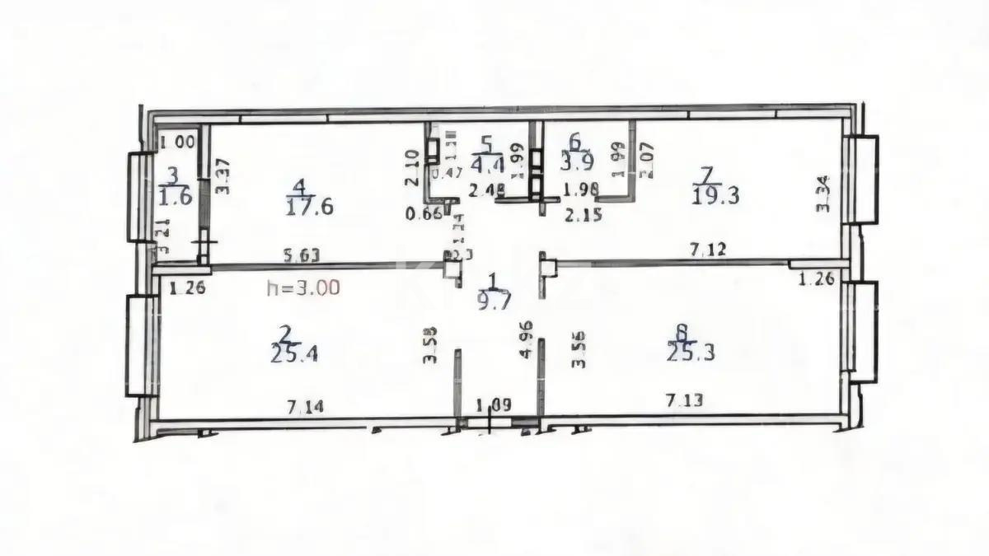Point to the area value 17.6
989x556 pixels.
[x=309, y=207]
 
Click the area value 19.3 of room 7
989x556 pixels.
[x=716, y=195]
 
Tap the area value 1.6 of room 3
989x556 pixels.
[x=174, y=197]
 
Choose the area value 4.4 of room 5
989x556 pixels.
[x=488, y=162]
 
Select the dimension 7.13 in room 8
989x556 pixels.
[x=684, y=400]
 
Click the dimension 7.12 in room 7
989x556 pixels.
[x=708, y=250]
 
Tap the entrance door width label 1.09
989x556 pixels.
[x=494, y=405]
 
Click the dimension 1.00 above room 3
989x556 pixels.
[x=178, y=142]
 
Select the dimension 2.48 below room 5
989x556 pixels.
[x=485, y=190]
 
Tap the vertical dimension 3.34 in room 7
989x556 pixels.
[x=822, y=194]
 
